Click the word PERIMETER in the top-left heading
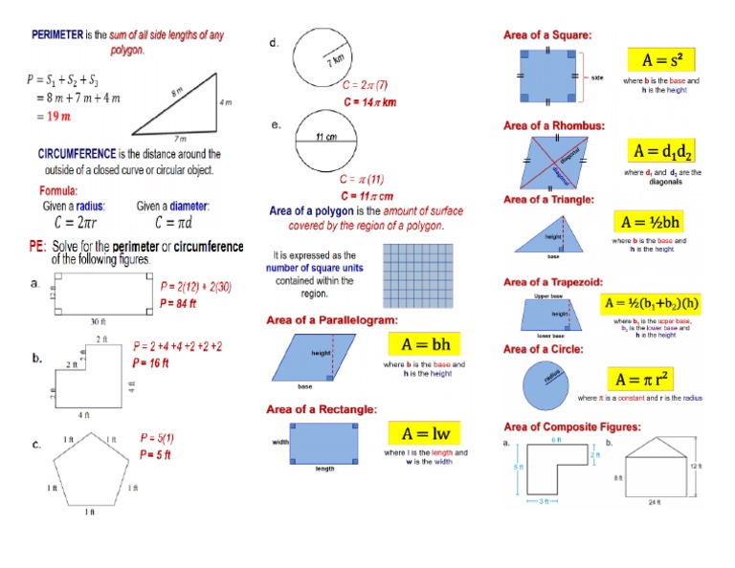[x=56, y=34]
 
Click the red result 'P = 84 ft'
[x=179, y=304]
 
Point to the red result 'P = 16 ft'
[x=150, y=363]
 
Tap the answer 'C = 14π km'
[x=370, y=101]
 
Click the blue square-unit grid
[x=417, y=273]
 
